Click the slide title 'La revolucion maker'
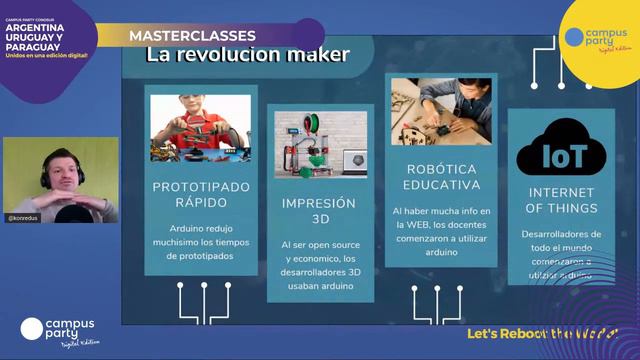pyautogui.click(x=247, y=55)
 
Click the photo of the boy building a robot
pyautogui.click(x=200, y=128)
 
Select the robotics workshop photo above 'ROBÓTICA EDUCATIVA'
pyautogui.click(x=441, y=111)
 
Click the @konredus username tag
pyautogui.click(x=25, y=217)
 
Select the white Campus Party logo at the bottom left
pyautogui.click(x=57, y=330)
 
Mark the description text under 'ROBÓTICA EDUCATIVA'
pyautogui.click(x=440, y=231)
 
